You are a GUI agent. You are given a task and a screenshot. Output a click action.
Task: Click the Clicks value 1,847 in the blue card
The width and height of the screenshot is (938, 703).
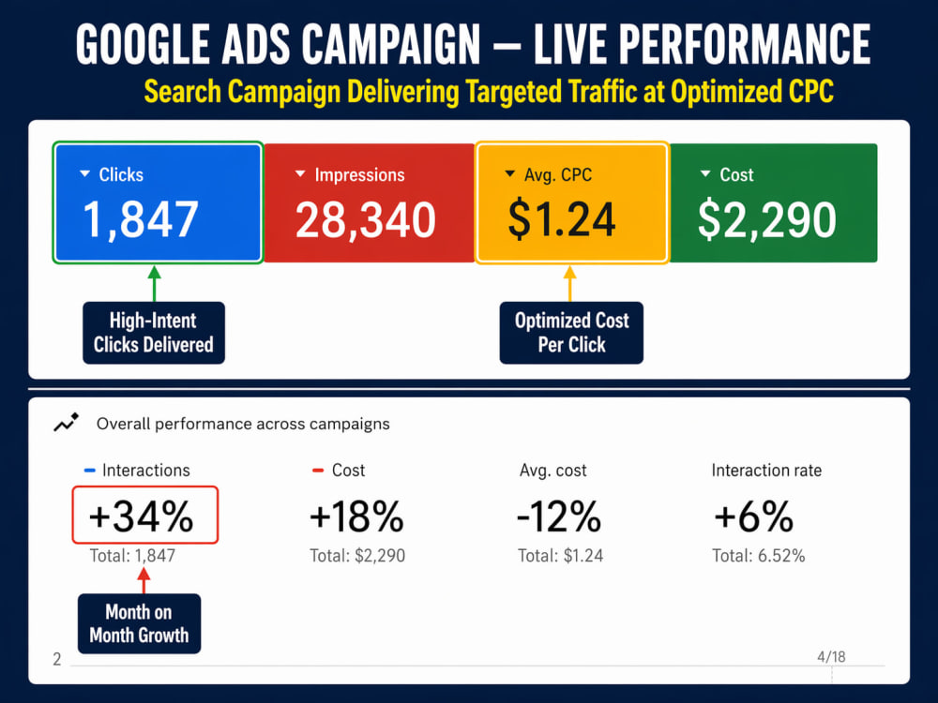tap(140, 220)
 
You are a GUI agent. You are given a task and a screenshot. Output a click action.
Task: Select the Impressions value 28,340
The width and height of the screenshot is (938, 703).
tap(366, 220)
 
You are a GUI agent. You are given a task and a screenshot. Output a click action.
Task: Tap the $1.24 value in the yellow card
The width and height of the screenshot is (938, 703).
tap(561, 219)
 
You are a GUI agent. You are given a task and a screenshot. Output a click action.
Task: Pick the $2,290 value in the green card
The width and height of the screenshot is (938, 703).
tap(767, 220)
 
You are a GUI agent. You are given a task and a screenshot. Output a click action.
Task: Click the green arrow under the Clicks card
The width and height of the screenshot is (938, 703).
tap(155, 283)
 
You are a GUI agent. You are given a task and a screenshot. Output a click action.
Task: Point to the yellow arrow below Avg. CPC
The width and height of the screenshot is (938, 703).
tap(570, 283)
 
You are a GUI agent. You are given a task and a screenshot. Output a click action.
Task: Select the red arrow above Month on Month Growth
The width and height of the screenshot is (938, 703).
tap(144, 580)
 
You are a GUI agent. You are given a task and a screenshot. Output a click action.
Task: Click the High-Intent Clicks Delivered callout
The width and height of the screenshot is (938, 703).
tap(154, 333)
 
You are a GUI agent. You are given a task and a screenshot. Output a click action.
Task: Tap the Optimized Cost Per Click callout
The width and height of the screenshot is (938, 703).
tap(571, 333)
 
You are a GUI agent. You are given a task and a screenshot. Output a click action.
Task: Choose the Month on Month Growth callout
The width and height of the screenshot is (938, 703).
tap(140, 623)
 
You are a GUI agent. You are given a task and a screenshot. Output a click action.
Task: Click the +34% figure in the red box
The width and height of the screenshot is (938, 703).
tap(142, 516)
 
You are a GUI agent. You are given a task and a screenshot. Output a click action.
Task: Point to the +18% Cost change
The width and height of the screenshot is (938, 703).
tap(356, 516)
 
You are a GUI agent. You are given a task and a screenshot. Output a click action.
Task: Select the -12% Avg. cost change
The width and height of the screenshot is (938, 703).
tap(559, 516)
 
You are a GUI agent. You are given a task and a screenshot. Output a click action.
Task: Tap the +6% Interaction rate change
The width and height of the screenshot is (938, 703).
tap(754, 516)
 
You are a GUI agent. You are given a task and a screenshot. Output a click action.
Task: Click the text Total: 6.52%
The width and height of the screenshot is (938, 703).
tap(759, 556)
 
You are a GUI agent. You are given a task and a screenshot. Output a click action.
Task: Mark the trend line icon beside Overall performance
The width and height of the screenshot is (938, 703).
tap(66, 422)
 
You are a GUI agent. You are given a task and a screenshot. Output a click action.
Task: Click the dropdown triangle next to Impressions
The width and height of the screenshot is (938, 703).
tap(300, 174)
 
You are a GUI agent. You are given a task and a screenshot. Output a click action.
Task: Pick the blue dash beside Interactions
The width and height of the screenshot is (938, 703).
tap(90, 471)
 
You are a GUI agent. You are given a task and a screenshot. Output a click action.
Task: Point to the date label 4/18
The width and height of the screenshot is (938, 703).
tap(831, 657)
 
